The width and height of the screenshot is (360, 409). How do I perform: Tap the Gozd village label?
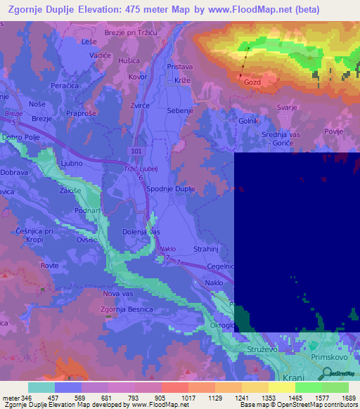[x=252, y=82]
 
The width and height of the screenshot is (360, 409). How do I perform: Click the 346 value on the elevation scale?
[x=27, y=397]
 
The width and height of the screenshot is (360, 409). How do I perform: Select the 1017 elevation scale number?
[x=189, y=397]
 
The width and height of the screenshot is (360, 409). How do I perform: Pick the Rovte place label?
[x=49, y=265]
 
